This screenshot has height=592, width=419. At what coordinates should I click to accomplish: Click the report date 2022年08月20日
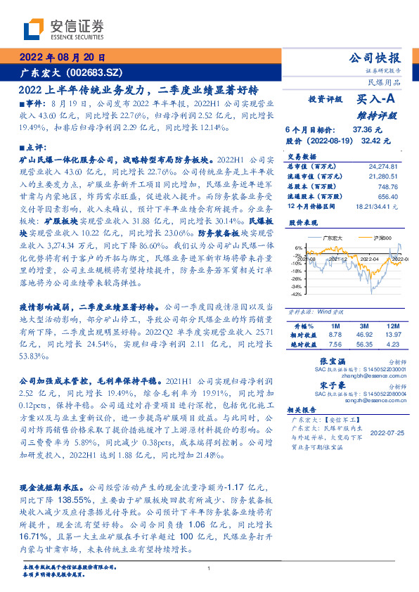coord(61,58)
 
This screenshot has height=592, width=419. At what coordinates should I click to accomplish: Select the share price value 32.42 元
coord(375,141)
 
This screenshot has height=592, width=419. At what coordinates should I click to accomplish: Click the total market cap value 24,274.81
coord(383,165)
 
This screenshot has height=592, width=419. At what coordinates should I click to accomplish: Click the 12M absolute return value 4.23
coord(392,345)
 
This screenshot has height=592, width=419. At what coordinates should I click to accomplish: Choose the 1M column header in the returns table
coord(335,327)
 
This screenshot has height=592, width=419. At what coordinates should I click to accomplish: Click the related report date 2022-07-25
coord(387,435)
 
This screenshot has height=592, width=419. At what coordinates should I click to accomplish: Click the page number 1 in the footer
coord(209,568)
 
